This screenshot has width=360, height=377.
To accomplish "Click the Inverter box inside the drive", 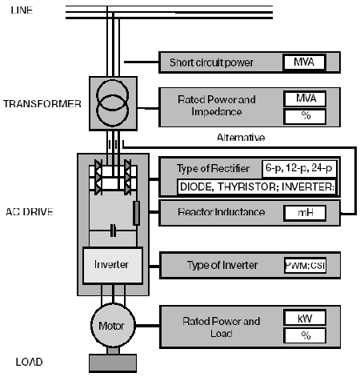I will (111, 264).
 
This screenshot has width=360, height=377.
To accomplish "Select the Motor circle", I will (111, 327).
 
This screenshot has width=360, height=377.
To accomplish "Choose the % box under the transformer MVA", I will (303, 117).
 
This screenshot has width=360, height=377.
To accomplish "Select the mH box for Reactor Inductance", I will (303, 213).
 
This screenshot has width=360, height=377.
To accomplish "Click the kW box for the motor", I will (303, 318).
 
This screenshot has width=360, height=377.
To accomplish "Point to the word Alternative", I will (241, 138).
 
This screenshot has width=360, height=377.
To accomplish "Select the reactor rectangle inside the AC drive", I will (136, 213).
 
